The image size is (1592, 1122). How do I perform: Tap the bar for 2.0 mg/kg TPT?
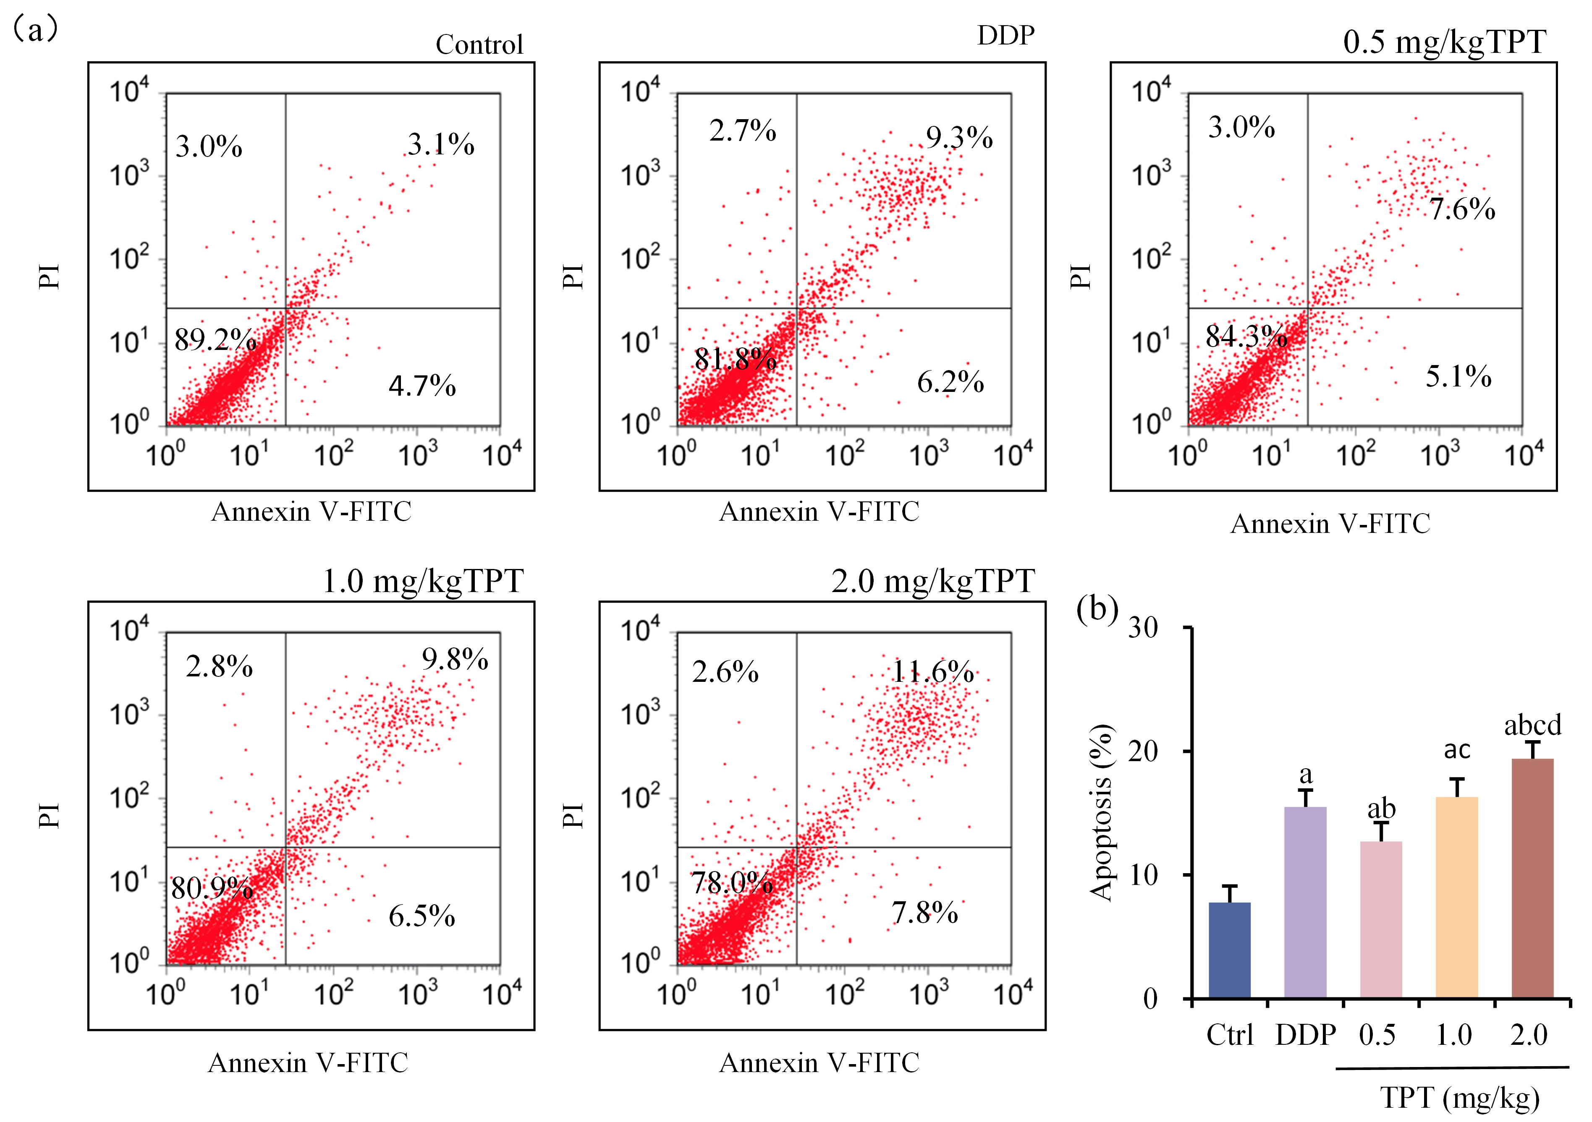pyautogui.click(x=1532, y=878)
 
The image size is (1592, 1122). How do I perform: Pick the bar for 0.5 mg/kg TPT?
pyautogui.click(x=1381, y=920)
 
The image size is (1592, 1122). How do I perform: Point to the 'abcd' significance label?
pyautogui.click(x=1532, y=725)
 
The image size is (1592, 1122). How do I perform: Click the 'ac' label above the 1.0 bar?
pyautogui.click(x=1457, y=750)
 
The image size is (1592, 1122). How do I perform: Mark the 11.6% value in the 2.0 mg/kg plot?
pyautogui.click(x=932, y=671)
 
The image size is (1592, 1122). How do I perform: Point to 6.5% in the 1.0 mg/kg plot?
pyautogui.click(x=422, y=916)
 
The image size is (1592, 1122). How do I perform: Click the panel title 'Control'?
pyautogui.click(x=479, y=45)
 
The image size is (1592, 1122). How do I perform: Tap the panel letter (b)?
pyautogui.click(x=1097, y=609)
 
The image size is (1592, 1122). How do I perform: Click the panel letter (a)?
pyautogui.click(x=35, y=29)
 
